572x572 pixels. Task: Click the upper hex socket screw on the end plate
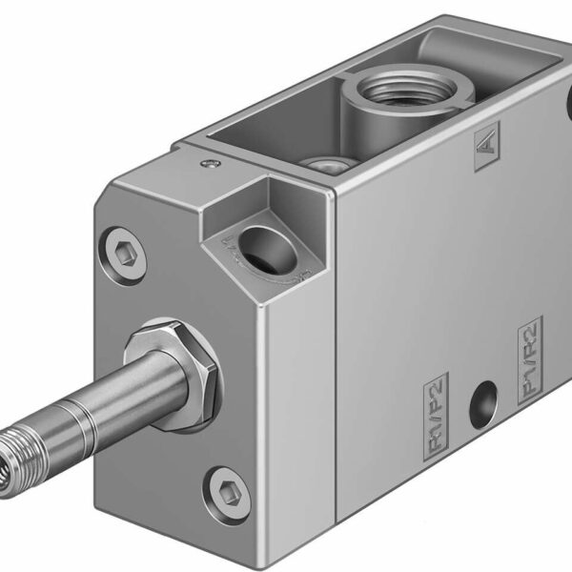[127, 255]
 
